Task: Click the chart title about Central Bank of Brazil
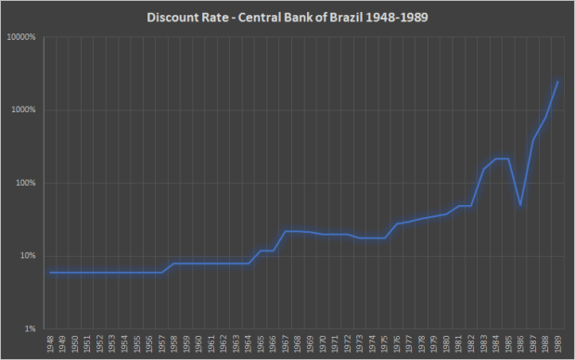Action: [287, 17]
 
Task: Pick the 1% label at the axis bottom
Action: [30, 328]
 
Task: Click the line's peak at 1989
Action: [557, 82]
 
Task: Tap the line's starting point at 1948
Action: [50, 273]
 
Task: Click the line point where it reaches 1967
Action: [285, 231]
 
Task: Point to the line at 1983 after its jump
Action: [483, 169]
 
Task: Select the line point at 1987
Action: [532, 140]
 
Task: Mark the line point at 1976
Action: [396, 224]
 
